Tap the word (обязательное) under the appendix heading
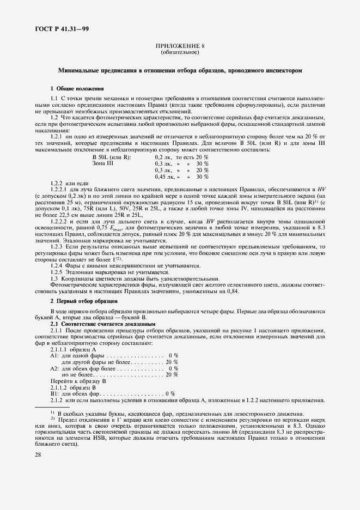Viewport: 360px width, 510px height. [180, 53]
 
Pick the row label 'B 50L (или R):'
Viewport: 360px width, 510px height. [112, 157]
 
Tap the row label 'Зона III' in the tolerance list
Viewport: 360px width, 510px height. [103, 163]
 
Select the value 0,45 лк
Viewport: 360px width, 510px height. [164, 177]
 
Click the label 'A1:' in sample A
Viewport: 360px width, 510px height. [54, 355]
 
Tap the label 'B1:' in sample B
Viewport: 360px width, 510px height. [54, 394]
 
